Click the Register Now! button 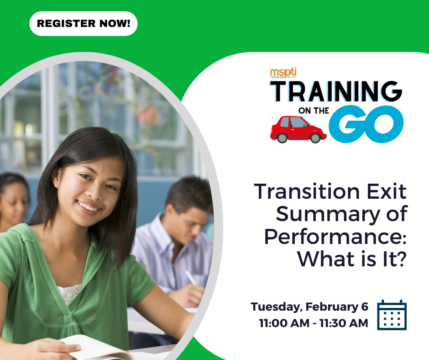click(84, 24)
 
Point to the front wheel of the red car click(316, 137)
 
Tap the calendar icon click(392, 315)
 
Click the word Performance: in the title click(335, 237)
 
